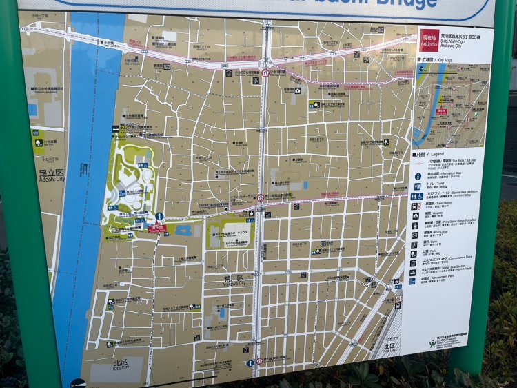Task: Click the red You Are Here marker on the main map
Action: point(157,227)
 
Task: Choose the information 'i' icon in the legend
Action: point(418,176)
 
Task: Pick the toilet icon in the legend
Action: point(418,186)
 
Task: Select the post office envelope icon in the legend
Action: point(415,234)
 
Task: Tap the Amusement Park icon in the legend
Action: point(412,280)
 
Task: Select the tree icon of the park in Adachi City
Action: point(39,143)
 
